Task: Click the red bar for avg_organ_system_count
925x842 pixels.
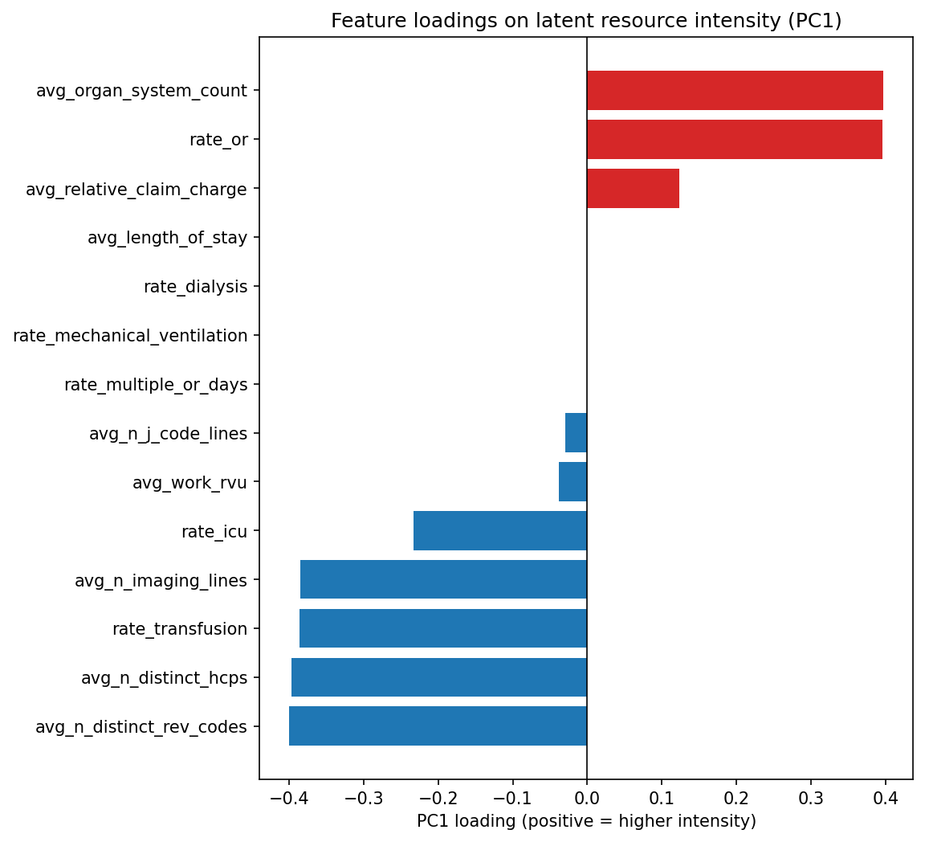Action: click(x=735, y=90)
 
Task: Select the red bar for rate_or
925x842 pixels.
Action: click(x=734, y=139)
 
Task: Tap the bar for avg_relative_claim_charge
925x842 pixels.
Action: click(x=633, y=188)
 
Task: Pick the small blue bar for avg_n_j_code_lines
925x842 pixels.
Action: click(x=576, y=433)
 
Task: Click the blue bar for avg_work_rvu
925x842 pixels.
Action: click(x=573, y=482)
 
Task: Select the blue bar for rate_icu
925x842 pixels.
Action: click(x=499, y=531)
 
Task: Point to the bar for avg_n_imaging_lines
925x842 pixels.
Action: click(x=443, y=579)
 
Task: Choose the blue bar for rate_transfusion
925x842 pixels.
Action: click(x=442, y=628)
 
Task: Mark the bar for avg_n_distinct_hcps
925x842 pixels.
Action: click(x=438, y=677)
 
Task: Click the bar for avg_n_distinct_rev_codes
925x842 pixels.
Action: click(x=438, y=726)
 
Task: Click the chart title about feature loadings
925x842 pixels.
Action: click(x=586, y=21)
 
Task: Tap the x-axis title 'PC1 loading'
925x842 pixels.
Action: click(x=586, y=821)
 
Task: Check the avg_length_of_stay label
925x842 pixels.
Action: click(x=167, y=238)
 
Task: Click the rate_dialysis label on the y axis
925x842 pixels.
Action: click(x=195, y=287)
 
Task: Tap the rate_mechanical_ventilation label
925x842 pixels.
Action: click(x=130, y=336)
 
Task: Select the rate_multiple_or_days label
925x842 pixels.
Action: click(x=156, y=385)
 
